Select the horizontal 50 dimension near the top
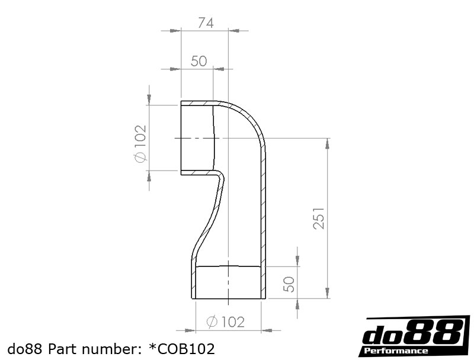coord(198,61)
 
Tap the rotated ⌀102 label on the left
coord(140,143)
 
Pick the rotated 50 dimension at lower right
coord(289,284)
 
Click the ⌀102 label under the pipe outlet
coord(225,322)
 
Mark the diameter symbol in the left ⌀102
coord(140,157)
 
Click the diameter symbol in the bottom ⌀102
coord(212,322)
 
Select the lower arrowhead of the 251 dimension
coord(327,294)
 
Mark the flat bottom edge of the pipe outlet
coord(228,298)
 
